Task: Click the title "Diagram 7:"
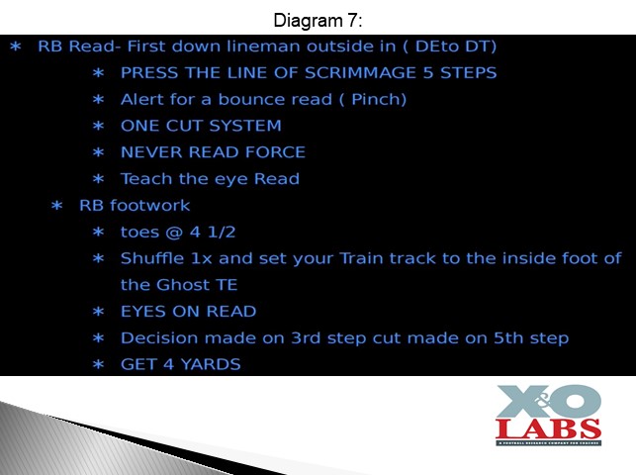pyautogui.click(x=318, y=20)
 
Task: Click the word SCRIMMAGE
pyautogui.click(x=361, y=72)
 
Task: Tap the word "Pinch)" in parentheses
pyautogui.click(x=379, y=99)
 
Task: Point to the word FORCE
pyautogui.click(x=275, y=152)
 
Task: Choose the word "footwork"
pyautogui.click(x=149, y=205)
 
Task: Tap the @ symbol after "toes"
pyautogui.click(x=174, y=233)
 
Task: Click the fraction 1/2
pyautogui.click(x=222, y=232)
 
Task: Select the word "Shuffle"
pyautogui.click(x=152, y=258)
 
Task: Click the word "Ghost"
pyautogui.click(x=183, y=285)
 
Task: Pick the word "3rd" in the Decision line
pyautogui.click(x=306, y=337)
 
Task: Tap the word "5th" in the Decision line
pyautogui.click(x=508, y=337)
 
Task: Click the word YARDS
pyautogui.click(x=211, y=364)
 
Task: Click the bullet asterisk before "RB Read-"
pyautogui.click(x=16, y=47)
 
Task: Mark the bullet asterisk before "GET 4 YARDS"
pyautogui.click(x=98, y=365)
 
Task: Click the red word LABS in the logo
pyautogui.click(x=548, y=428)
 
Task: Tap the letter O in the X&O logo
pyautogui.click(x=577, y=401)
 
